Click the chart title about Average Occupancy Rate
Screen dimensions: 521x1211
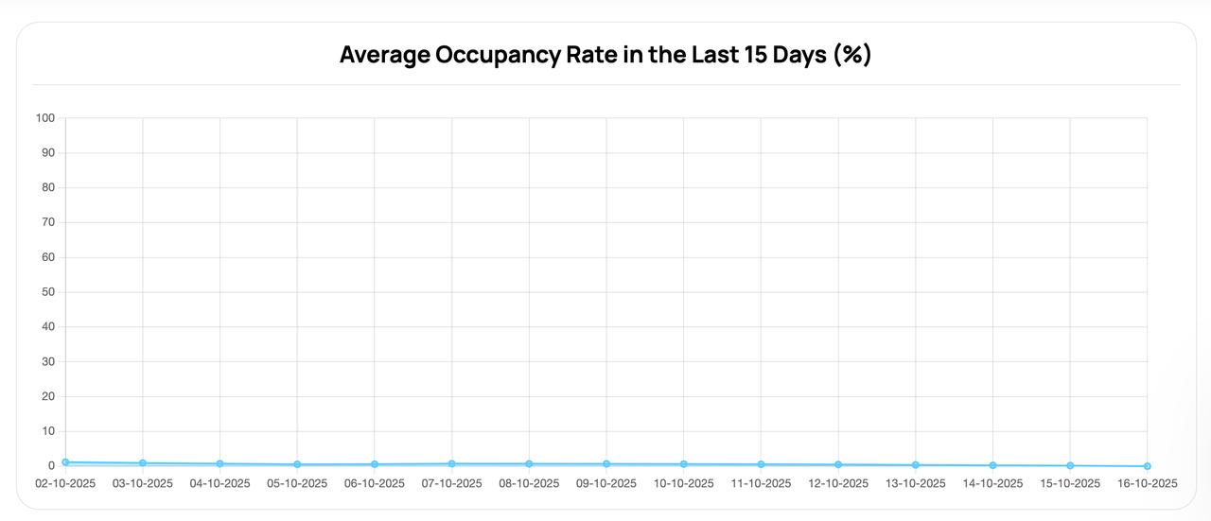[x=605, y=55]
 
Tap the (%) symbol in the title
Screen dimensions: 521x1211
[x=851, y=55]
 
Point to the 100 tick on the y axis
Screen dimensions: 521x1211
[x=45, y=118]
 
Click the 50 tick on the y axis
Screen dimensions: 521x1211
[x=48, y=292]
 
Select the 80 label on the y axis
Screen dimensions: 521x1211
[x=48, y=188]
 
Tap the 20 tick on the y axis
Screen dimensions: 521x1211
[x=48, y=397]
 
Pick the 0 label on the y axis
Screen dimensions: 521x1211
[x=51, y=466]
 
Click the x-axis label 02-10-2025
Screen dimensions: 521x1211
[x=65, y=483]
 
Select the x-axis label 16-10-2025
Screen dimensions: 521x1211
[x=1147, y=483]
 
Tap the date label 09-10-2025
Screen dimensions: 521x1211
[x=606, y=483]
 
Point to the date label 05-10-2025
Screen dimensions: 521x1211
[x=297, y=483]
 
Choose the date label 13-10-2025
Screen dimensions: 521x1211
[x=915, y=483]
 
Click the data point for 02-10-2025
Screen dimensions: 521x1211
[x=65, y=462]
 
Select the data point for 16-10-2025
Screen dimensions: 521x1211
[x=1148, y=466]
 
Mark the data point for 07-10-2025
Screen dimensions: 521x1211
[x=451, y=464]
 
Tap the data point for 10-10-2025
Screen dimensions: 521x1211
[x=683, y=464]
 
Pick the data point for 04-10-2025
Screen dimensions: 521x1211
[x=219, y=464]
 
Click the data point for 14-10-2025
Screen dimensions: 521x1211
[x=992, y=465]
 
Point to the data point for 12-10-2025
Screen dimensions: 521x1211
[x=838, y=464]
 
